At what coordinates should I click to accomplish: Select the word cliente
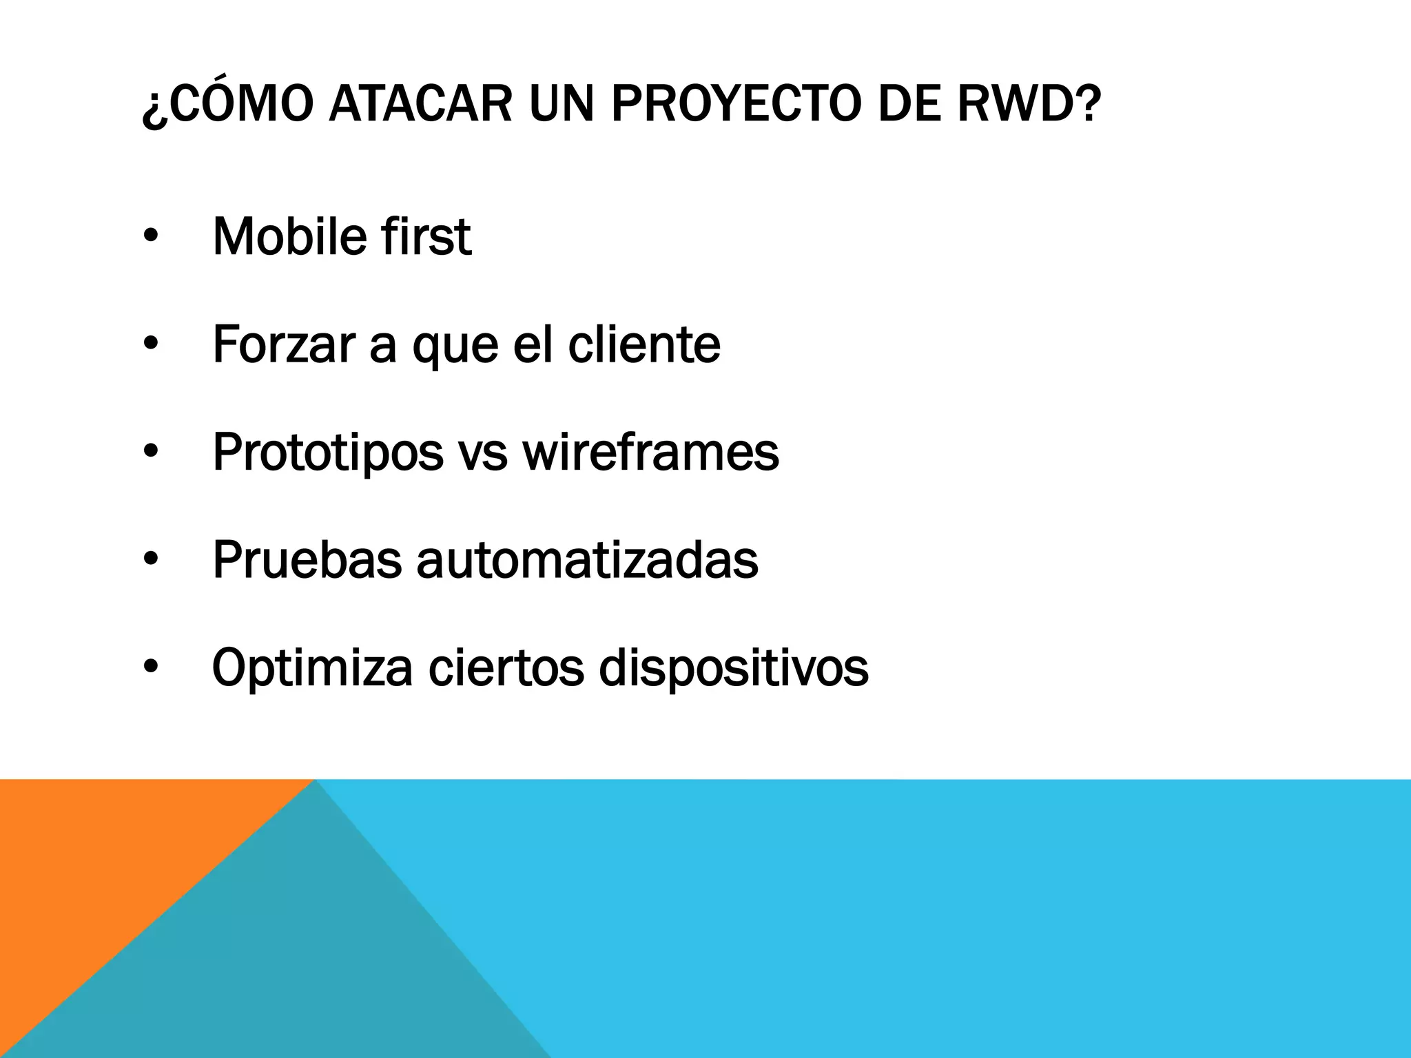click(x=644, y=344)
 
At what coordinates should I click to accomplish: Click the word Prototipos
click(x=327, y=453)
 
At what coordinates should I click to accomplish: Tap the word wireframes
click(x=650, y=453)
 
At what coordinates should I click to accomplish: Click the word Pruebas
click(x=307, y=560)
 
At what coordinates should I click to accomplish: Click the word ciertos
click(x=506, y=667)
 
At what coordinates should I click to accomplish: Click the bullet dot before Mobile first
click(x=151, y=236)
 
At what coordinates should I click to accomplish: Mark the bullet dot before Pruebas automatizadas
click(x=151, y=560)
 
